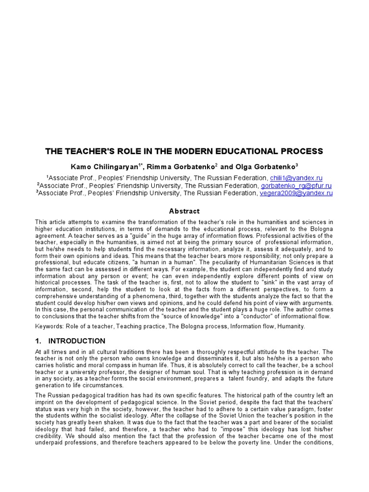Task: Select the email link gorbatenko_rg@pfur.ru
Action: point(296,185)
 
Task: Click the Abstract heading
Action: point(184,211)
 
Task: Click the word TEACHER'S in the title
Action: point(86,151)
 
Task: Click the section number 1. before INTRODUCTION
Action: point(38,341)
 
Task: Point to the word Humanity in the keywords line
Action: point(290,326)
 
